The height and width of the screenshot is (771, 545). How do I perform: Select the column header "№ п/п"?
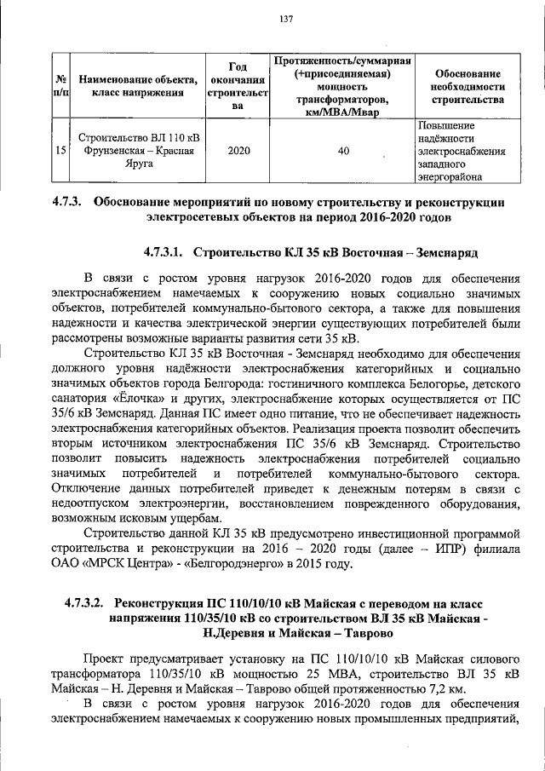pyautogui.click(x=60, y=87)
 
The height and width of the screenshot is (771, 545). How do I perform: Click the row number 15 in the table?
pyautogui.click(x=60, y=151)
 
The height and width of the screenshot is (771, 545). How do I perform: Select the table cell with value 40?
pyautogui.click(x=343, y=151)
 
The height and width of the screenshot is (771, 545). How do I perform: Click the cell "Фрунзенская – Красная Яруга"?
pyautogui.click(x=138, y=151)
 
